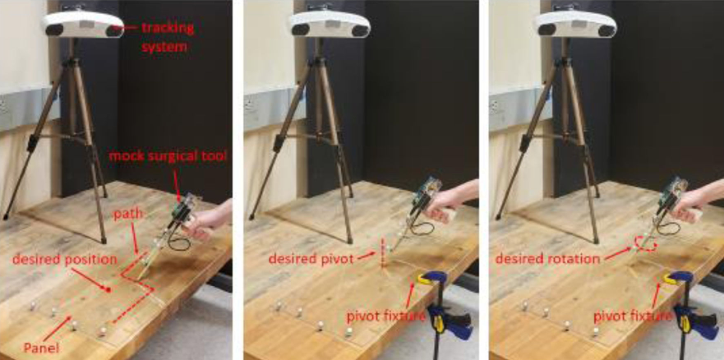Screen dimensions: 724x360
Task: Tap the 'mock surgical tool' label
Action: point(168,156)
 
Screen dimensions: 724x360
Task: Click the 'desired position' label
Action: point(65,260)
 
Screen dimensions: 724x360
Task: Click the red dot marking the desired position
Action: point(108,290)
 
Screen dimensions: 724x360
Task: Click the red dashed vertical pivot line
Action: point(382,253)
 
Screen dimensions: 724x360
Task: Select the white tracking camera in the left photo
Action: point(84,24)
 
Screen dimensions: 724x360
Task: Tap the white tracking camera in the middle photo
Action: point(330,24)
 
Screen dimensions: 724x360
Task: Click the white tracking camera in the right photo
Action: point(575,24)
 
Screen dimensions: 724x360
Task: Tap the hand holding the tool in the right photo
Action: point(695,203)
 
